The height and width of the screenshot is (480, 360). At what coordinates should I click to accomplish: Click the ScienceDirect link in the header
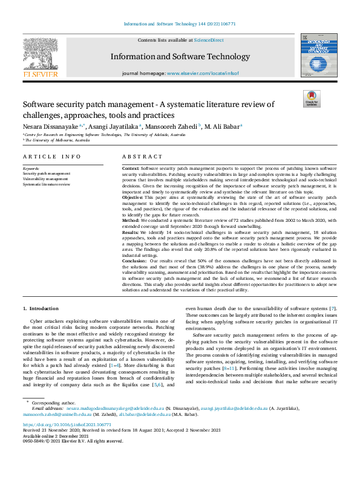click(209, 40)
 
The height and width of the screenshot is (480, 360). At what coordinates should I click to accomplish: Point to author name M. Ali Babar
click(221, 126)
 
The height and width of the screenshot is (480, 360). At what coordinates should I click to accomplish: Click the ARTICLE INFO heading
click(51, 156)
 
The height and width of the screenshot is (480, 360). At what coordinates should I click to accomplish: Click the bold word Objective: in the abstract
click(133, 197)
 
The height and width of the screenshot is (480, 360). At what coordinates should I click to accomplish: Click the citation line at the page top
click(180, 24)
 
